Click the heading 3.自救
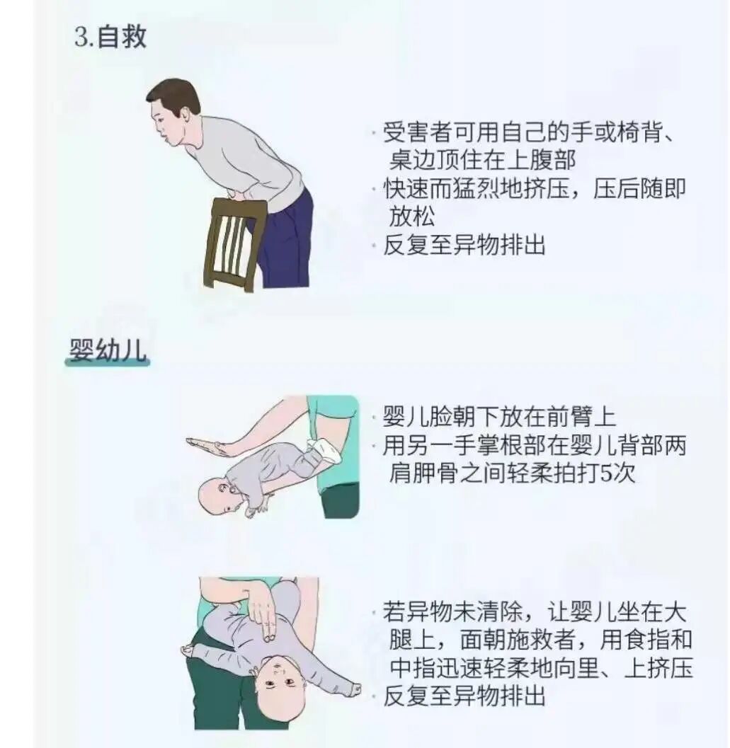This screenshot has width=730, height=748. [110, 37]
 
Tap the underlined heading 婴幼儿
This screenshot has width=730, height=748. [108, 350]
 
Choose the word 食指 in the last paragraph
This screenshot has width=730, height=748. [646, 639]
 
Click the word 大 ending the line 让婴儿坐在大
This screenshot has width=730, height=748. [675, 611]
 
